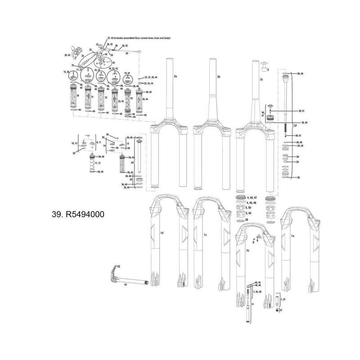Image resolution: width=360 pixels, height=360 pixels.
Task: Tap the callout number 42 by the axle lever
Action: coord(119,266)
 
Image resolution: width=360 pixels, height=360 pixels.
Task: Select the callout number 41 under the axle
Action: coord(126,285)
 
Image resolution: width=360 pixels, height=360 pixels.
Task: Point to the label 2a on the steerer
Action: coord(175,77)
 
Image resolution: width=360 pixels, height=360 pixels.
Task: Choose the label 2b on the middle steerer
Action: coord(218,77)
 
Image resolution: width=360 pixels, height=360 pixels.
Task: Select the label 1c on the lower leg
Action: coord(205,234)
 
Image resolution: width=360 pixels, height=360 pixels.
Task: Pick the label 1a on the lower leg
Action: coord(292,235)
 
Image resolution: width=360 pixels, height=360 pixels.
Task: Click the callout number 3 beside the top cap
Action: coord(268,70)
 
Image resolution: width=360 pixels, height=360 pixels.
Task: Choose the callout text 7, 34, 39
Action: coord(261,292)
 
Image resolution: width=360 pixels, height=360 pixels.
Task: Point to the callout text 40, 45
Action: coord(258,282)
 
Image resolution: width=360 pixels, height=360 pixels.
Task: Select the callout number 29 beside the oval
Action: coord(113,63)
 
